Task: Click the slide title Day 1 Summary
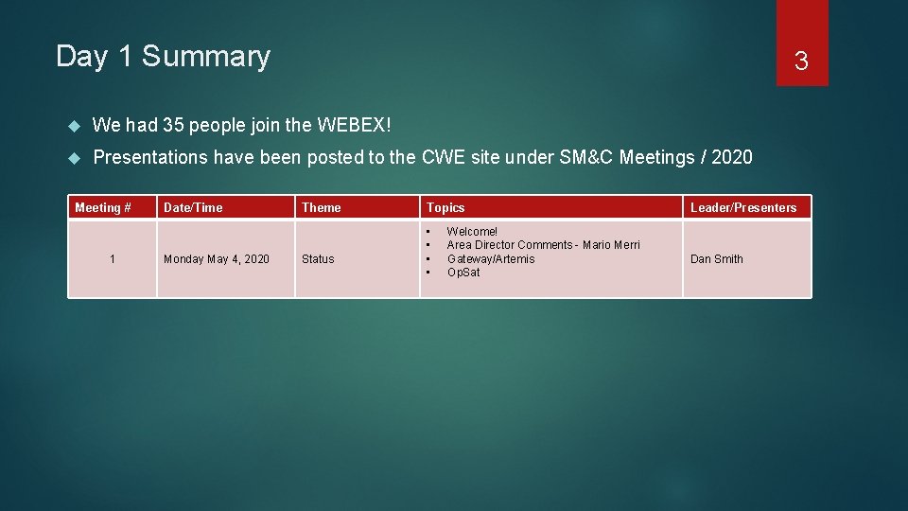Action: coord(163,57)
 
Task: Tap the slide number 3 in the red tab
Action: coord(801,62)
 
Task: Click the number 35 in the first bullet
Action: coord(173,125)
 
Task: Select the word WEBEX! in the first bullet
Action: coord(354,125)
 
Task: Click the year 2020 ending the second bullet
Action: coord(731,157)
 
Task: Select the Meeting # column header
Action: coord(102,207)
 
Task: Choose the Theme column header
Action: coord(322,207)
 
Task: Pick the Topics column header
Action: coord(445,207)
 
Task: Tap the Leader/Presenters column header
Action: coord(743,207)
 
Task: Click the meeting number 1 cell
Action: coord(113,258)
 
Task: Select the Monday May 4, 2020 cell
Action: coord(217,258)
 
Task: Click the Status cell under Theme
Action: coord(318,258)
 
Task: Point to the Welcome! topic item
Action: coord(472,232)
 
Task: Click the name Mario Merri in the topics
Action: coord(611,245)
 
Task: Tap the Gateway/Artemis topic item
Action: coord(491,258)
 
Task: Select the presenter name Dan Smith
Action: coord(717,258)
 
